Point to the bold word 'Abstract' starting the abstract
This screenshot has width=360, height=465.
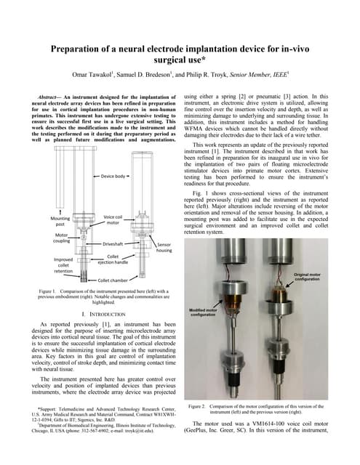52,97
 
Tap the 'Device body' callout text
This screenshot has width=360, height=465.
113,177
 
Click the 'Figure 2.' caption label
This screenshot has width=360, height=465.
199,405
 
